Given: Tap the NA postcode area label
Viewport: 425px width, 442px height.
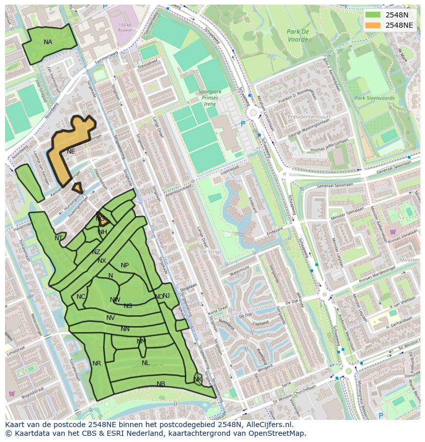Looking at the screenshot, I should coord(48,42).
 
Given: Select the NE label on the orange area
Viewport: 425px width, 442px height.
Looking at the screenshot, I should coord(71,151).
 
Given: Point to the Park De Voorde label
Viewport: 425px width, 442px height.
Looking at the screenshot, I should coord(298,35).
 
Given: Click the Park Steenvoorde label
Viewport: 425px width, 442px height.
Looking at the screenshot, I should coord(374,98).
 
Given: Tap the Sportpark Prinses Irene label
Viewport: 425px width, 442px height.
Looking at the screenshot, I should coord(208,98).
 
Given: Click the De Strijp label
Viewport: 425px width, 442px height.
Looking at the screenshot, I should coord(210,252).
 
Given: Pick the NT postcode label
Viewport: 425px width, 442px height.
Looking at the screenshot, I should coord(59,238).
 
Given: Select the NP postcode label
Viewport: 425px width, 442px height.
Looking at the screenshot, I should coord(125,265).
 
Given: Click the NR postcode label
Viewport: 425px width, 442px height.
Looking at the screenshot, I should coord(96,363).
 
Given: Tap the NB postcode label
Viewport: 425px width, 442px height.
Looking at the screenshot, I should coord(161,383).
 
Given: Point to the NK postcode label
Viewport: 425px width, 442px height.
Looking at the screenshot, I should coord(198,379).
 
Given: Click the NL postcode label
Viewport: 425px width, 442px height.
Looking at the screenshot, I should coord(146,363).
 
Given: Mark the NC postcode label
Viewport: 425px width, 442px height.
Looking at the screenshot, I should coord(81,297).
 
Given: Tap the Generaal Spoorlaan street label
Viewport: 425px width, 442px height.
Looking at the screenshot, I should coord(336,185).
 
